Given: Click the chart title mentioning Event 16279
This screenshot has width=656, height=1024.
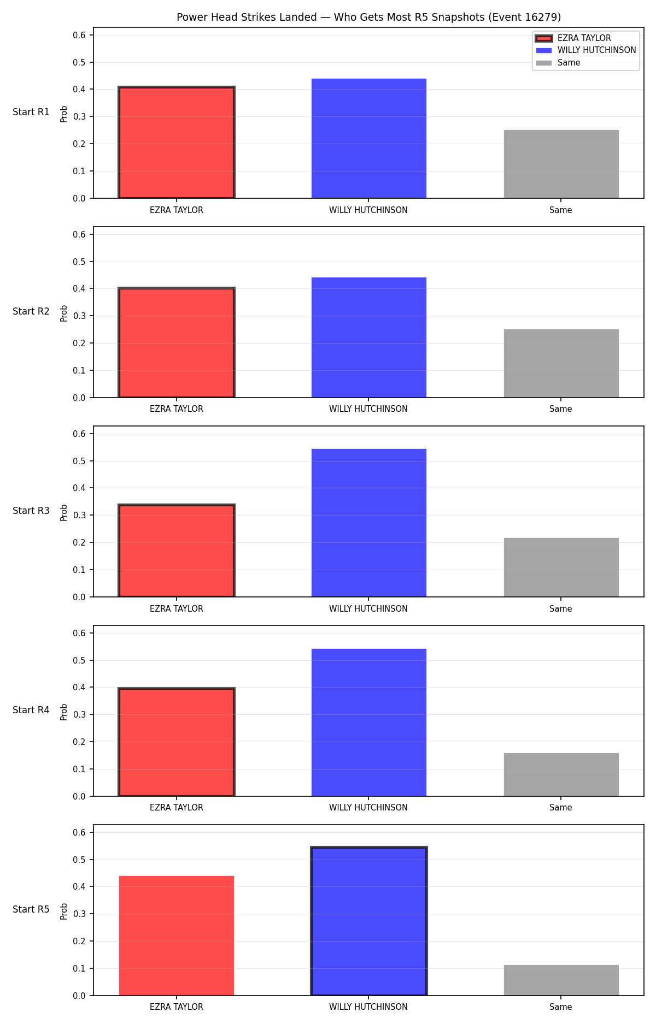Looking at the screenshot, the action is point(368,17).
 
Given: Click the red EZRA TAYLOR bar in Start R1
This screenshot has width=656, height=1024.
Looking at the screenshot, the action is point(177,143).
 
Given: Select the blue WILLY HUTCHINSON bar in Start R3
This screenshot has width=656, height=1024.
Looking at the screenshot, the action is point(369,523).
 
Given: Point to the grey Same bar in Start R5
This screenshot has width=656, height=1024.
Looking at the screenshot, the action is point(561,980).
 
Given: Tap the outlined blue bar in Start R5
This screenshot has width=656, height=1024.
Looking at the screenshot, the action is point(369,921).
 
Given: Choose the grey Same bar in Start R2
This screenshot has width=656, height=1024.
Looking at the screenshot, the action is point(561,363).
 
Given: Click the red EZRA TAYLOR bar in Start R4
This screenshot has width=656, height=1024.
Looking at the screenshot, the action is point(177,742).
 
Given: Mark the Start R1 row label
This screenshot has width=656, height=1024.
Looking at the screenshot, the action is point(31,112).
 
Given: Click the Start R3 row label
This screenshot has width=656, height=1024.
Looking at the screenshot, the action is point(31,511).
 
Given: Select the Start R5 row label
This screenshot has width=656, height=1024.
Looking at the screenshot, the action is point(31,909).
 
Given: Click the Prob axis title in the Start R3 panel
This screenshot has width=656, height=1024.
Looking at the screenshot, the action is point(64,512).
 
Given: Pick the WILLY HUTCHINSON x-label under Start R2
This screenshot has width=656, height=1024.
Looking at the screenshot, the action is point(368,409).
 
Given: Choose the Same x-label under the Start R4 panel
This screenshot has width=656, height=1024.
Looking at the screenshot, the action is point(561,808).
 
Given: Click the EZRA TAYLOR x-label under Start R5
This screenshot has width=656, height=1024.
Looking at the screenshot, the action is point(177,1007).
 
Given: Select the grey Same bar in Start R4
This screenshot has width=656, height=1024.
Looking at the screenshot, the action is point(561,775).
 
